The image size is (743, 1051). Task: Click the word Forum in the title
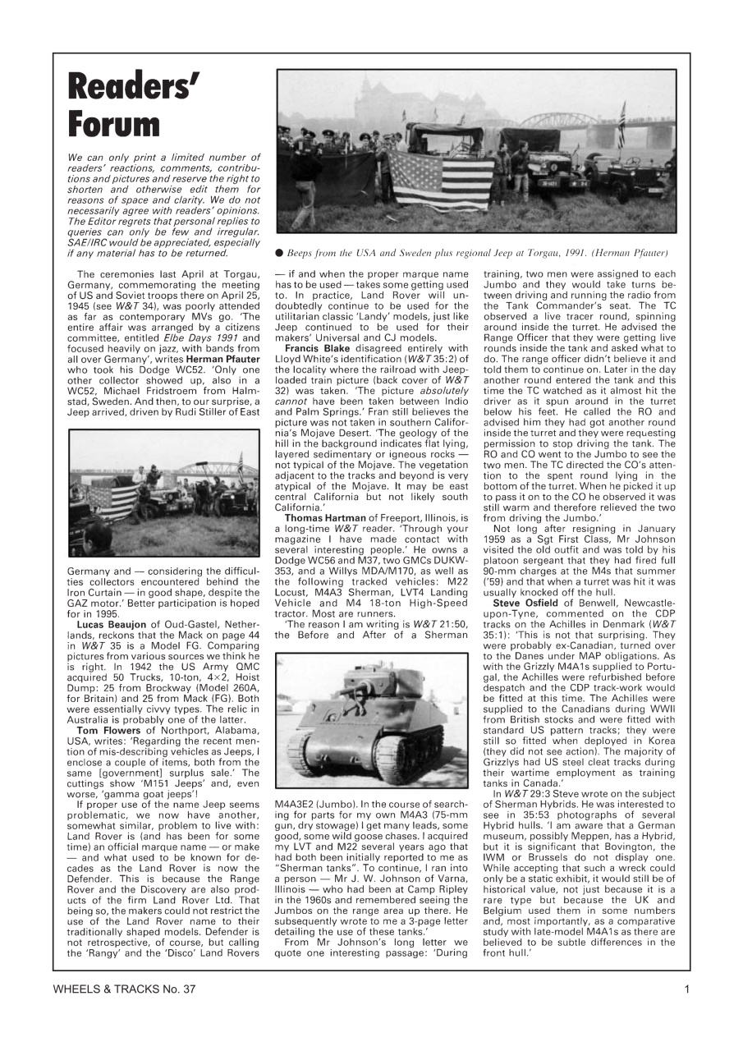pyautogui.click(x=114, y=125)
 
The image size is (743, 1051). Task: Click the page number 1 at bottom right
pyautogui.click(x=686, y=989)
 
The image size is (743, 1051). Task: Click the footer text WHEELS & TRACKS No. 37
pyautogui.click(x=125, y=989)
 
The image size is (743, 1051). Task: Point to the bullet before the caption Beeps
pyautogui.click(x=279, y=253)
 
